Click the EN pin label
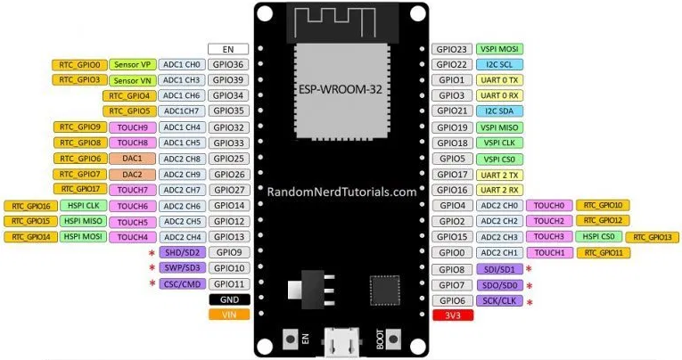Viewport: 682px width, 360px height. tap(227, 49)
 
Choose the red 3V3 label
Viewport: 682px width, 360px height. tap(452, 315)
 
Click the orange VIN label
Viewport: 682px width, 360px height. tap(227, 314)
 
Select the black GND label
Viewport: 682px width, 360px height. tap(227, 299)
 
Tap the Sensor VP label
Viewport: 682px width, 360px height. tap(133, 65)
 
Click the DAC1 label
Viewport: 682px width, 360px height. tap(133, 159)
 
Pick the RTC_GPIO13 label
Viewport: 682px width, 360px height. tap(653, 237)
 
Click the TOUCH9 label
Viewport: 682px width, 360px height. tap(133, 127)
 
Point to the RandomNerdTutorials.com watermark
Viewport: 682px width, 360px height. tap(341, 192)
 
